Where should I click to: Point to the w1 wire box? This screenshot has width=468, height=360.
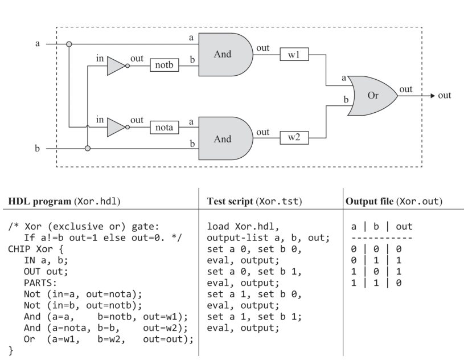(x=294, y=55)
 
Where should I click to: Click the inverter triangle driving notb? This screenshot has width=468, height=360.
(x=116, y=66)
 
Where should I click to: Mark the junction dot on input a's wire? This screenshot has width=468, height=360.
(x=69, y=44)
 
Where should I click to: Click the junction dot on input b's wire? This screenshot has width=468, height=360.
(x=87, y=149)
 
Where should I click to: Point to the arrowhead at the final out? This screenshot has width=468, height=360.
(x=431, y=95)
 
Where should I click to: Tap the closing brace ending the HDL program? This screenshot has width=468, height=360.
(x=11, y=351)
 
